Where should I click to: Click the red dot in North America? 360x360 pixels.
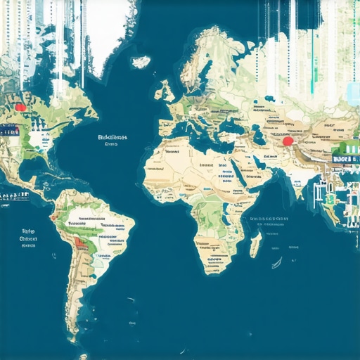[20, 108]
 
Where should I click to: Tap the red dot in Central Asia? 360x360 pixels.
[288, 141]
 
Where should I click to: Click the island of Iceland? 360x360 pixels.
[141, 62]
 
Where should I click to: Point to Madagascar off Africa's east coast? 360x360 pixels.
[255, 244]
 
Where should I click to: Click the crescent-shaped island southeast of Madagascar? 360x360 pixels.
[277, 263]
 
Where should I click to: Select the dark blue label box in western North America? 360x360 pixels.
[9, 131]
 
